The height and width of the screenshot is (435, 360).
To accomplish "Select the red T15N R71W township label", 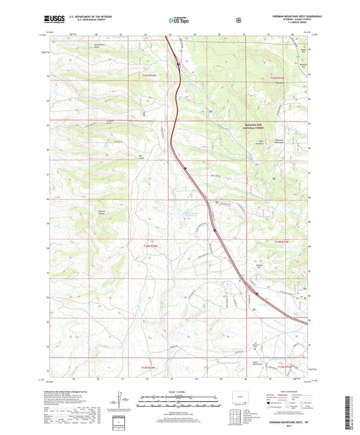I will (278, 79).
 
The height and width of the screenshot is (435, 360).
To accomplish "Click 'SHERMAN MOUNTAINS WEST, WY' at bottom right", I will (281, 421).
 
